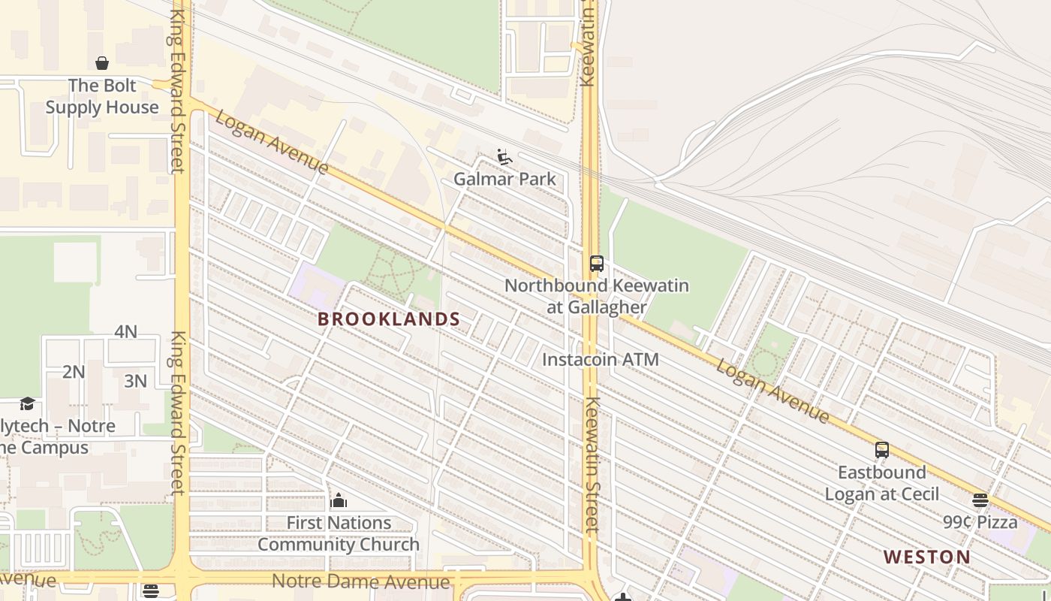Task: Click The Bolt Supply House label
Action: [x=102, y=96]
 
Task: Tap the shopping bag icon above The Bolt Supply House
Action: [x=102, y=63]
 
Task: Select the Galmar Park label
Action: [x=505, y=179]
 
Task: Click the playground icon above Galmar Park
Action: [x=504, y=157]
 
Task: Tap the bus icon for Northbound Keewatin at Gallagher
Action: [x=597, y=264]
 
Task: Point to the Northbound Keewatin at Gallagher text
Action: [x=597, y=296]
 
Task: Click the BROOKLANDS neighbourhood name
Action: [x=389, y=319]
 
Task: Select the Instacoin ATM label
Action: [x=601, y=359]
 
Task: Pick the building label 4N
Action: [x=126, y=331]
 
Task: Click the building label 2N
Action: [x=74, y=372]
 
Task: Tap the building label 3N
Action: [x=135, y=381]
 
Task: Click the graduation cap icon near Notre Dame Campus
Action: [x=28, y=404]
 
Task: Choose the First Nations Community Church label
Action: [x=339, y=533]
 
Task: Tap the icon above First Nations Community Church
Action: [x=339, y=500]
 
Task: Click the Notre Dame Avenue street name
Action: [x=360, y=581]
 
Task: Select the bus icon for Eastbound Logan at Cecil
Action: [x=882, y=450]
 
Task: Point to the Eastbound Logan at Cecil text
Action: [x=882, y=483]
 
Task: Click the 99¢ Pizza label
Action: [x=980, y=521]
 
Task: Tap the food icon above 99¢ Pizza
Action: [x=980, y=500]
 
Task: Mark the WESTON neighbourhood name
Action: [x=927, y=557]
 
